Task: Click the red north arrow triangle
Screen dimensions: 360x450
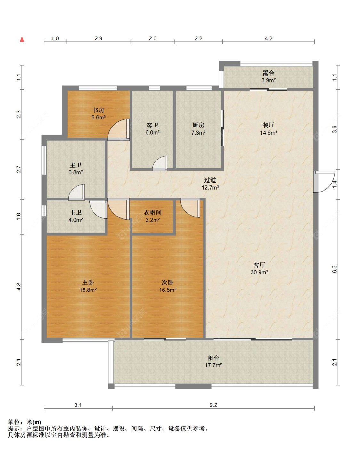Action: click(x=22, y=39)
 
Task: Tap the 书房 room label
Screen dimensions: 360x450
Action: click(x=98, y=110)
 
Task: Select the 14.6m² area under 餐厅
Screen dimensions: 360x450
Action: click(x=268, y=132)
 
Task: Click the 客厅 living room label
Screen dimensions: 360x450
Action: click(x=259, y=265)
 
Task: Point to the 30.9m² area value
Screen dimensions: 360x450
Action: click(x=259, y=272)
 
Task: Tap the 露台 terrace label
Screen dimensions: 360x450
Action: click(x=268, y=73)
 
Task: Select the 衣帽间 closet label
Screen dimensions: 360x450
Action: click(x=153, y=213)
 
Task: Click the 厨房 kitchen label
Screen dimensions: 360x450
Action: click(x=198, y=125)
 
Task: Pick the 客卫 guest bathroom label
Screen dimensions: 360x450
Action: click(x=153, y=125)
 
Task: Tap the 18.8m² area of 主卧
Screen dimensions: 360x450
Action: click(x=88, y=290)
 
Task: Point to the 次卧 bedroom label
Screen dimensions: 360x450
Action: click(x=168, y=283)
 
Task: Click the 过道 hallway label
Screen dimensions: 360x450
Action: click(x=210, y=180)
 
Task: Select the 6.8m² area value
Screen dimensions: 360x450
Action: click(x=76, y=172)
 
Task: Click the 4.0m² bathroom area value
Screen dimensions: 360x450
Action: click(x=76, y=220)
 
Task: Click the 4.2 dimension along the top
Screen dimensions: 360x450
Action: click(x=268, y=38)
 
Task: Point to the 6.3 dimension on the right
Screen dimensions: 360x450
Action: click(x=334, y=269)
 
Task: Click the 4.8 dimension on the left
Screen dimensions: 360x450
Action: click(x=19, y=286)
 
